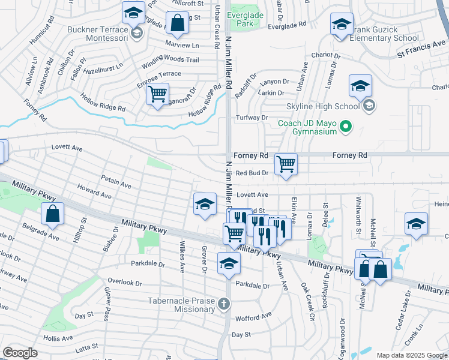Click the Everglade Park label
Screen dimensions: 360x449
(244, 19)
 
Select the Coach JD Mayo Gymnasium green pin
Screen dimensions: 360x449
(345, 127)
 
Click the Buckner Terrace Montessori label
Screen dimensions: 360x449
(98, 34)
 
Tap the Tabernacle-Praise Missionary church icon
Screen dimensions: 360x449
(224, 304)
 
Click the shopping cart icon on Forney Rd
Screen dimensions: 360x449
(286, 163)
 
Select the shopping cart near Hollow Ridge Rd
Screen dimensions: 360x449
(157, 94)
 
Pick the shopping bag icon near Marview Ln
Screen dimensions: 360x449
(178, 24)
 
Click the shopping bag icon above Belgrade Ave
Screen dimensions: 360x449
(53, 214)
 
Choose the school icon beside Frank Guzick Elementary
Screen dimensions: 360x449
(342, 25)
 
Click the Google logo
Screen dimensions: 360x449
(20, 353)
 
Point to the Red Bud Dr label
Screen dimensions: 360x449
(252, 173)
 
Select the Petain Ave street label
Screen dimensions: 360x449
(116, 182)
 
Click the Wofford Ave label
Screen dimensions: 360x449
(253, 316)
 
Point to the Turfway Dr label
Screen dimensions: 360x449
(252, 118)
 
